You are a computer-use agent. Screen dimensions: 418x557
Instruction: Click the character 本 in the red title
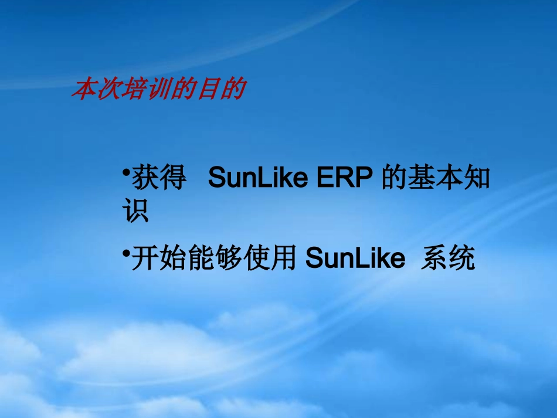pos(83,90)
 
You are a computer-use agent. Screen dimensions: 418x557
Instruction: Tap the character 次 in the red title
pos(107,90)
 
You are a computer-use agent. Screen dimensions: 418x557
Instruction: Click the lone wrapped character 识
pos(136,212)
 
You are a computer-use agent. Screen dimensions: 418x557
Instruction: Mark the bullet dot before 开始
pos(126,252)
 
